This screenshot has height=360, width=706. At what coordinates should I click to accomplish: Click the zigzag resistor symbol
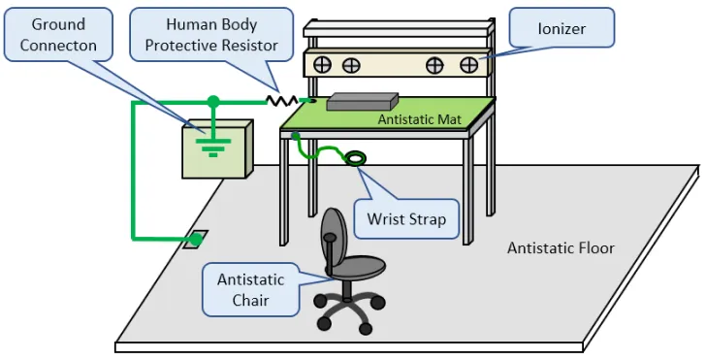pyautogui.click(x=282, y=101)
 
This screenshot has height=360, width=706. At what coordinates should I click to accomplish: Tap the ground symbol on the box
pyautogui.click(x=213, y=147)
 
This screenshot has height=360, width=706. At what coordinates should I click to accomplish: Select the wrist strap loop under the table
pyautogui.click(x=355, y=158)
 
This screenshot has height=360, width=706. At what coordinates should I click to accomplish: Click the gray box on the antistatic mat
pyautogui.click(x=363, y=102)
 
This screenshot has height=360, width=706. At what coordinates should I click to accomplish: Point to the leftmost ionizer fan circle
pyautogui.click(x=322, y=65)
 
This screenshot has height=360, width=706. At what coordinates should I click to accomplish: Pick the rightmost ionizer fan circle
pyautogui.click(x=468, y=65)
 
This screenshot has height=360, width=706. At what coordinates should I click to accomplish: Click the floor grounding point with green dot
pyautogui.click(x=196, y=240)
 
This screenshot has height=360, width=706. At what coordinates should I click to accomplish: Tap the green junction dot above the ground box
pyautogui.click(x=213, y=101)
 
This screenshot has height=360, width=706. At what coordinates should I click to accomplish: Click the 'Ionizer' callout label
pyautogui.click(x=562, y=28)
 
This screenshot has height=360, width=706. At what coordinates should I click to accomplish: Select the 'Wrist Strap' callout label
pyautogui.click(x=406, y=219)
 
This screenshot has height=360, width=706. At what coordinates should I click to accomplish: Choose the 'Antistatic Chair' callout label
pyautogui.click(x=251, y=290)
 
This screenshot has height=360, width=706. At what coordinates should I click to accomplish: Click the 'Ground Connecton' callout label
pyautogui.click(x=58, y=34)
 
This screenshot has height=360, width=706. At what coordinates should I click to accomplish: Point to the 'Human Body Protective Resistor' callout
pyautogui.click(x=211, y=34)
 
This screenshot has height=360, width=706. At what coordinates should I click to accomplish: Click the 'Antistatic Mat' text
pyautogui.click(x=420, y=119)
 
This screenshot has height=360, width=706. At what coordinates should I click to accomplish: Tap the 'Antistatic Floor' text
pyautogui.click(x=561, y=247)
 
